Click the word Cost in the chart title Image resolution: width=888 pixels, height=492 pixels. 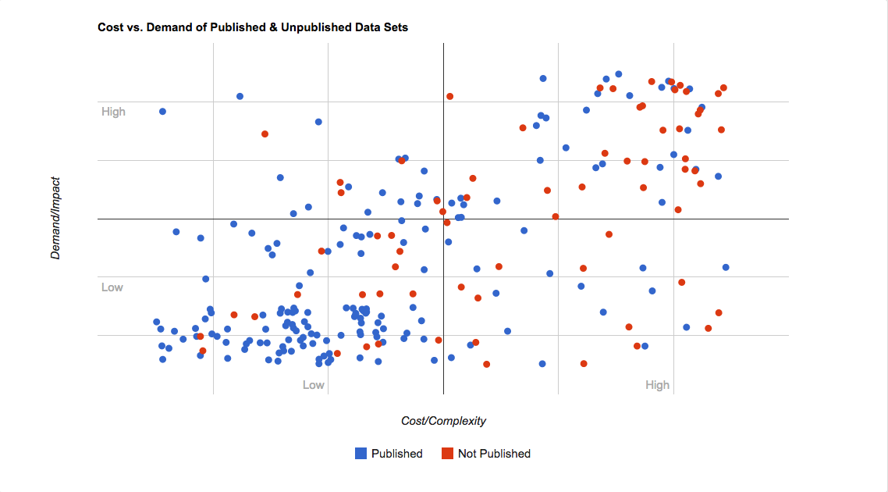tap(110, 27)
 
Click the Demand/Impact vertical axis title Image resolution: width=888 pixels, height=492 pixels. tap(55, 218)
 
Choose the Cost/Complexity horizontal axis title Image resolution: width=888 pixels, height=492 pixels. tap(443, 421)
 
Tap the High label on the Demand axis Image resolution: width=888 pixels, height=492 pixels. tap(113, 112)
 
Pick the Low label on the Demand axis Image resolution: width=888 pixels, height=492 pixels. tap(112, 287)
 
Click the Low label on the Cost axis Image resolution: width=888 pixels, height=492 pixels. tap(313, 385)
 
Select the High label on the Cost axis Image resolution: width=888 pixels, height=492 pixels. tap(657, 385)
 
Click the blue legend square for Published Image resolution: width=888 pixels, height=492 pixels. tap(361, 453)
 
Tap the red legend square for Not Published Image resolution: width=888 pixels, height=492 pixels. tap(447, 453)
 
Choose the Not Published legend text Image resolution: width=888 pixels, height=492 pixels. tap(494, 454)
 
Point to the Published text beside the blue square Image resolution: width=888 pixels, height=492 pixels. tap(396, 454)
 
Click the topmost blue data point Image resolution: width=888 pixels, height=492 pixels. tap(618, 74)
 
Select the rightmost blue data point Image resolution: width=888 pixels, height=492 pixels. tap(726, 267)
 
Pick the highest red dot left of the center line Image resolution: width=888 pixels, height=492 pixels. tap(265, 134)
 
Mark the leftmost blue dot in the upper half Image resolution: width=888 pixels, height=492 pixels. tap(162, 111)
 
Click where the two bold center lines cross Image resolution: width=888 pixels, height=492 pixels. tap(443, 219)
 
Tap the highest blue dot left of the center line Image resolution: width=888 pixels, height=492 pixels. tap(240, 96)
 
